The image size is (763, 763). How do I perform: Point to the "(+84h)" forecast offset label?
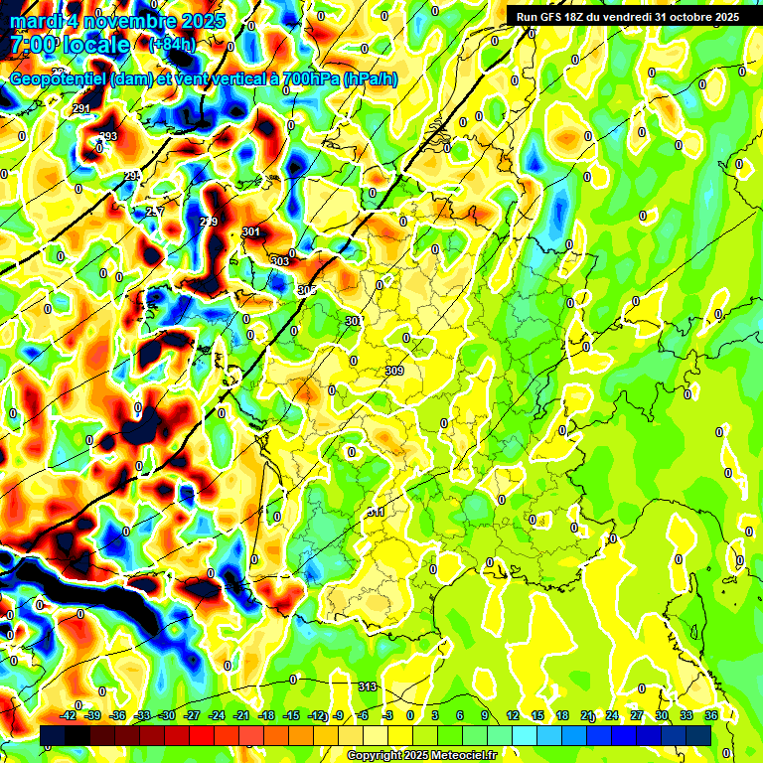click(x=172, y=45)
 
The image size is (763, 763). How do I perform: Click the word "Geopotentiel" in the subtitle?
click(x=61, y=79)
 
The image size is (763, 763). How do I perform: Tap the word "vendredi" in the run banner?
click(x=629, y=16)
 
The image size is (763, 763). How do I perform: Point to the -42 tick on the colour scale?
click(x=69, y=715)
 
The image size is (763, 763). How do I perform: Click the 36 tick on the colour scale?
click(x=711, y=715)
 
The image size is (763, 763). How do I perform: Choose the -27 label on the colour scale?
click(x=192, y=715)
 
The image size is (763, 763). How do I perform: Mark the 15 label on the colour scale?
click(x=537, y=715)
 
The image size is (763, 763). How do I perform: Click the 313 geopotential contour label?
click(x=368, y=687)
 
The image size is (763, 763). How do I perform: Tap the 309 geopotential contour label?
click(x=394, y=371)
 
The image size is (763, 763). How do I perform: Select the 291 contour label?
click(x=81, y=109)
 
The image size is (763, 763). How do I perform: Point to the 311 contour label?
click(x=376, y=512)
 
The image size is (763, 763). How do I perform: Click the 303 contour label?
click(x=280, y=261)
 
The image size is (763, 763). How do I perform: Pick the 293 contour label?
click(x=108, y=136)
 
